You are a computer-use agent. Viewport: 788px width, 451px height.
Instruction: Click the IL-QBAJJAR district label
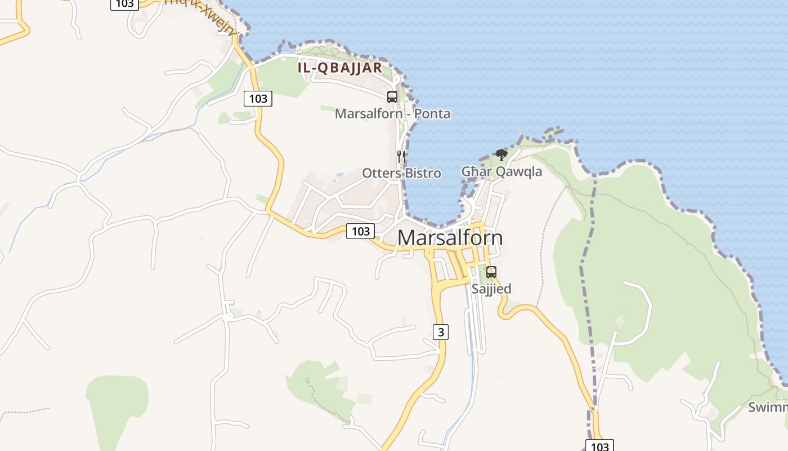[339, 68]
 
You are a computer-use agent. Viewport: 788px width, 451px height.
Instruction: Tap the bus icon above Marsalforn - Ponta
[392, 97]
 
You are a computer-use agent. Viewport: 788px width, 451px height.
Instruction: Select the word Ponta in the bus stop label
[432, 114]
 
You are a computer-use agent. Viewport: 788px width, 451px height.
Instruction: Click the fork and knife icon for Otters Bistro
[401, 156]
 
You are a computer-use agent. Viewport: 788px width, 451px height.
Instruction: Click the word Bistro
[422, 173]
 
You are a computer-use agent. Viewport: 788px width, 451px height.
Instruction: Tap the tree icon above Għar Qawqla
[501, 154]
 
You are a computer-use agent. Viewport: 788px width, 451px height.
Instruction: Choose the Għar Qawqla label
[502, 171]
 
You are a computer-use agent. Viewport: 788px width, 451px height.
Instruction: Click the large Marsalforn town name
[450, 238]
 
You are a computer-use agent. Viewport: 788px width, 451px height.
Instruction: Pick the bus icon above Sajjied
[491, 272]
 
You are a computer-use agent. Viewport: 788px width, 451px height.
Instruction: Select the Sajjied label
[491, 289]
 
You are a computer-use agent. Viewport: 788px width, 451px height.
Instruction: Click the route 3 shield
[441, 332]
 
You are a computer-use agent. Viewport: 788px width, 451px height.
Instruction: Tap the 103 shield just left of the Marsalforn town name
[360, 231]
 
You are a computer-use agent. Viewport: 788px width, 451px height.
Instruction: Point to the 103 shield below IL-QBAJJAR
[258, 99]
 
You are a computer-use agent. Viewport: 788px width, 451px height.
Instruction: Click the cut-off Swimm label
[768, 407]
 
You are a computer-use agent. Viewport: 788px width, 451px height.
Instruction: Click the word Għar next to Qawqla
[477, 171]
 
